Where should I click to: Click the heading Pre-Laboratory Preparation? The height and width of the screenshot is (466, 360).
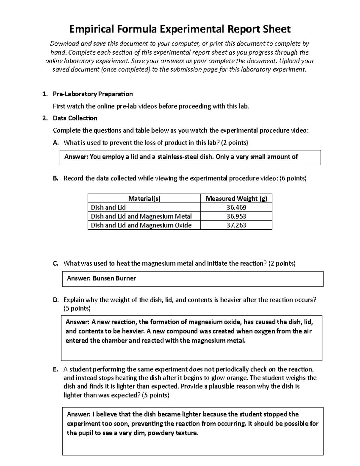93,94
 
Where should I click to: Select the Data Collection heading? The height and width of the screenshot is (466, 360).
75,118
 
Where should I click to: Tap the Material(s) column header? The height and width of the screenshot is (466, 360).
144,199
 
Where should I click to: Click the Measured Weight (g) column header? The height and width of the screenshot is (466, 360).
236,199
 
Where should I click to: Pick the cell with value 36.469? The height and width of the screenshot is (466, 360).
236,207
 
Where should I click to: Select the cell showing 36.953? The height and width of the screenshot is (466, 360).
236,216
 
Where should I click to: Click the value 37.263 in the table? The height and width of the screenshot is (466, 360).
236,225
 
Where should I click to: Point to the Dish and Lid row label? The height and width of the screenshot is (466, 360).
108,207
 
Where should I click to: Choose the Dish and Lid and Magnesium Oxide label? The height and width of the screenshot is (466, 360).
141,225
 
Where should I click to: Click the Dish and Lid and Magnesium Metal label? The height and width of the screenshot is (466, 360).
141,216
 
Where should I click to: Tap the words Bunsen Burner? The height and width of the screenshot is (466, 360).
114,278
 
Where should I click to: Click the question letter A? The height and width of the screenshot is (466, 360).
55,143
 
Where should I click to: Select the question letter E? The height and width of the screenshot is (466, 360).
55,369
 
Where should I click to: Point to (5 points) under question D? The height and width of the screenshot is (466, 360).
77,308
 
